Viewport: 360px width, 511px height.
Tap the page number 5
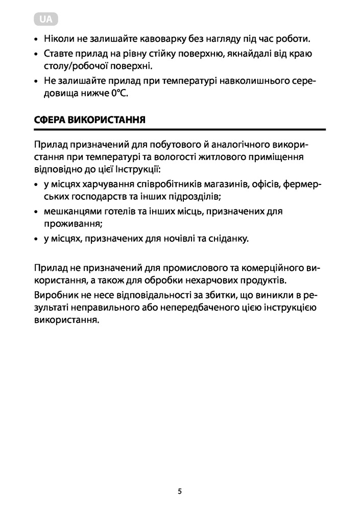point(180,492)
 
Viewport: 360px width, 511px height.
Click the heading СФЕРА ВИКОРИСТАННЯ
point(89,121)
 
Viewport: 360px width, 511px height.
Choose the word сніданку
point(229,238)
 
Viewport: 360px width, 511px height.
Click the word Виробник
point(54,296)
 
